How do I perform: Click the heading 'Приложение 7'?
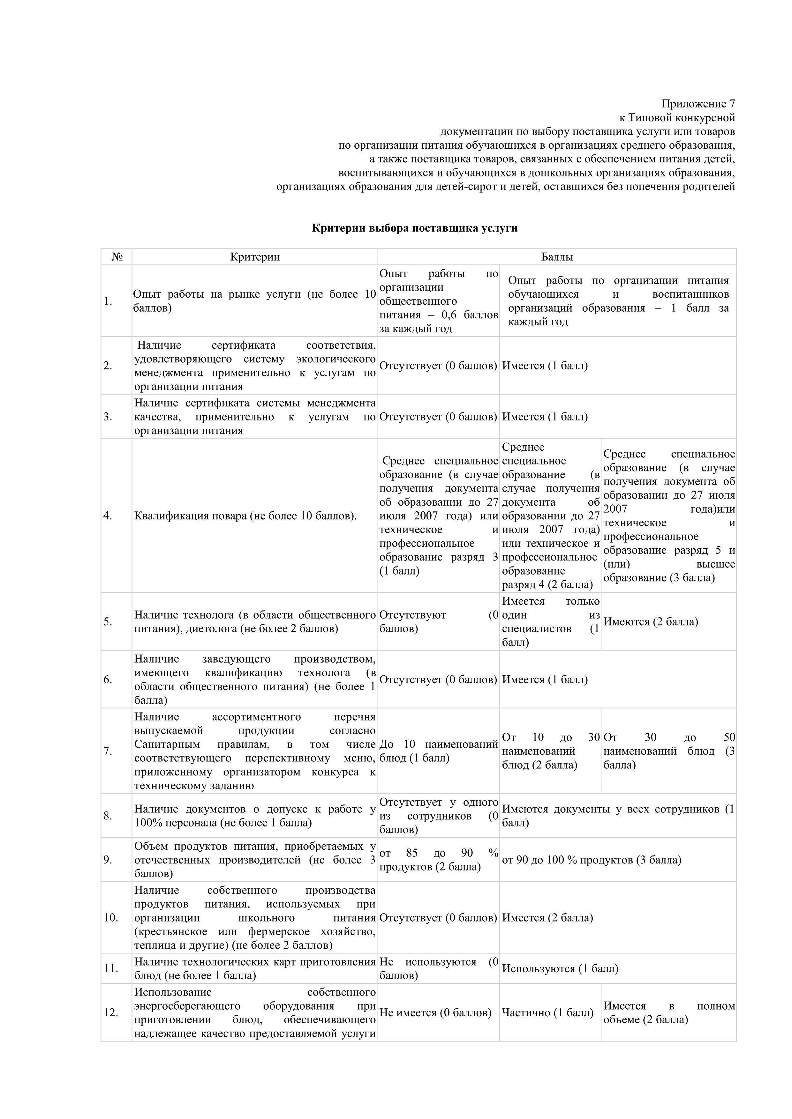click(698, 104)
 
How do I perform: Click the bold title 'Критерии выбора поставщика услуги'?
click(415, 228)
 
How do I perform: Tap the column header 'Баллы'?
click(556, 257)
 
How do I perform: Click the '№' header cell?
click(117, 257)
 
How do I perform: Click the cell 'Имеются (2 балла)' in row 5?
click(651, 622)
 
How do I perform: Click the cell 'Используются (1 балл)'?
click(560, 968)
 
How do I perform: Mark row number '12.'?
click(111, 1013)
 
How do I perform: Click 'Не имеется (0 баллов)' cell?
click(435, 1013)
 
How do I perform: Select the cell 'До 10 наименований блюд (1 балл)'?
click(438, 751)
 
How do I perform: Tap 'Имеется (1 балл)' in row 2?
click(545, 366)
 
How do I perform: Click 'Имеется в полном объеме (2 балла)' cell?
click(668, 1013)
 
